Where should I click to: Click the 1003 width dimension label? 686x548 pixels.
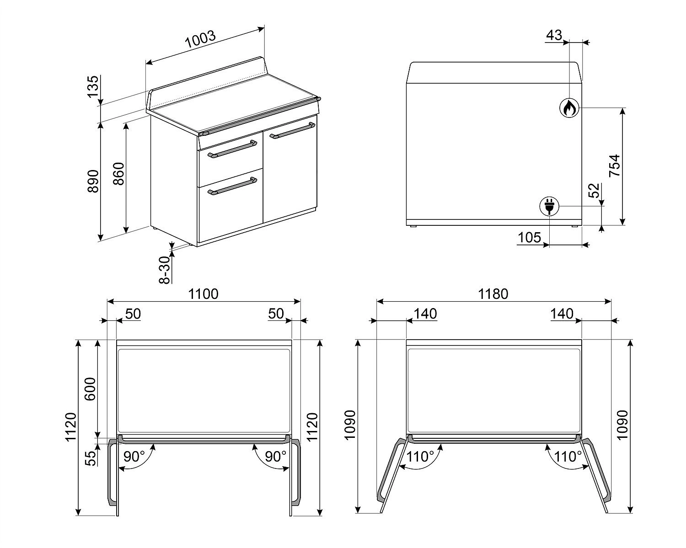pos(200,39)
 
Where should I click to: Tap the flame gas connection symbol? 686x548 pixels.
pos(569,108)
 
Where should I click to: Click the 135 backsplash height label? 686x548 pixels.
pos(93,87)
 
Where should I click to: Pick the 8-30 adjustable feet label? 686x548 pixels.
pos(165,270)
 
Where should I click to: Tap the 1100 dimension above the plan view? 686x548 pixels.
pos(204,294)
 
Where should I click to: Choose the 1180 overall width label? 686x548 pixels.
pos(493,294)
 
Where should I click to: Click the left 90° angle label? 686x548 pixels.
pos(134,457)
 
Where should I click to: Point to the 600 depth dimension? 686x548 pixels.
pos(90,389)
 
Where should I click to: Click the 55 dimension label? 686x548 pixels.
pos(91,458)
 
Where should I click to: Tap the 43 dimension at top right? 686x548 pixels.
pos(554,35)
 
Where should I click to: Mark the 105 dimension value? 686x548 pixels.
pos(529,237)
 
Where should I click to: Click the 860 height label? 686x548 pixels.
pos(118,174)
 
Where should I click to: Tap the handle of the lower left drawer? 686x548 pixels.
pos(232,186)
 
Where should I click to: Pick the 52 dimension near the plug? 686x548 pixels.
pos(594,191)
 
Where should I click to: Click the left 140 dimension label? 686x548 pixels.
pos(425,314)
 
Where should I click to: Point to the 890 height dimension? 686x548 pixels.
pos(93,181)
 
